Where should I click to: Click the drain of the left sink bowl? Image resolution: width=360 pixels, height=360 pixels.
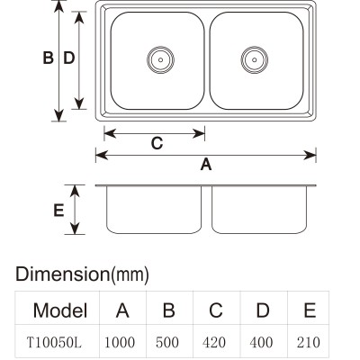pos(160,59)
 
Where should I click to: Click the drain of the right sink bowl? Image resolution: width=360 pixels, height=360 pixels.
pos(255,59)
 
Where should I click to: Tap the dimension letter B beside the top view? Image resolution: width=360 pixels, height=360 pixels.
pos(48,58)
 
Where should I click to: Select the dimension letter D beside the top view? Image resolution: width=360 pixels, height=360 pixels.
pos(69,58)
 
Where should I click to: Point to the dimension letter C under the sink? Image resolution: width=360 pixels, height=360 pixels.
pos(157,143)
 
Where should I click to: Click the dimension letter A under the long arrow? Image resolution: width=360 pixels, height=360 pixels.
pos(206,165)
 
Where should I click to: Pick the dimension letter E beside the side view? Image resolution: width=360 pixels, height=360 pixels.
pos(58,210)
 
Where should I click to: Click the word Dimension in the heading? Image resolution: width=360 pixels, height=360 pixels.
pos(62,274)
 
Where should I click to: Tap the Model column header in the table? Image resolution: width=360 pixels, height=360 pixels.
pos(60,310)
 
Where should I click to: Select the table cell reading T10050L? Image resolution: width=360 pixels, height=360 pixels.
pos(54,342)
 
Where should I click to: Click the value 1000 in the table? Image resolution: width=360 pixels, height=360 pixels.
pos(120,342)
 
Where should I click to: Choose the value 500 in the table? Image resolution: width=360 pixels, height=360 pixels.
pos(167,342)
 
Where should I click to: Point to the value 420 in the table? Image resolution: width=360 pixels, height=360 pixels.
pos(214,342)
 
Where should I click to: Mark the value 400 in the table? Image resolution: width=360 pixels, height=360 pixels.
pos(261,342)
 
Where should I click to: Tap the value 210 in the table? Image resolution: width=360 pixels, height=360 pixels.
pos(308,342)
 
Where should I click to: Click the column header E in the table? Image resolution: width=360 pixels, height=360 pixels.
pos(310,310)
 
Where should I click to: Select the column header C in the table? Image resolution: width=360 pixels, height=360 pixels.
pos(216,310)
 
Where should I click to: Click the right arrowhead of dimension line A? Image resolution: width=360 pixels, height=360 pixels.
pos(310,156)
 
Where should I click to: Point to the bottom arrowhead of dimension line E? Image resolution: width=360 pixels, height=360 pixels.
pos(75,229)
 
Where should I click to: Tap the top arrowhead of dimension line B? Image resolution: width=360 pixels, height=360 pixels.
pos(59,6)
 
